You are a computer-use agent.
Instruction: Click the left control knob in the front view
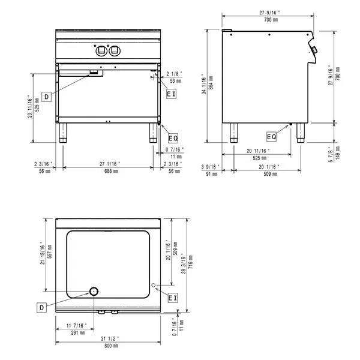click(100, 50)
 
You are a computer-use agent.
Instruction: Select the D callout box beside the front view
click(46, 95)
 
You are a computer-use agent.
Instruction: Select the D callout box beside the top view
click(42, 307)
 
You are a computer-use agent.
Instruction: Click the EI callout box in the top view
click(172, 297)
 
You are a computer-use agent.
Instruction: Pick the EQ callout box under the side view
click(272, 136)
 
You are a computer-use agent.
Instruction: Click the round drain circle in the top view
click(94, 292)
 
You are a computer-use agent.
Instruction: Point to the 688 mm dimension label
click(109, 170)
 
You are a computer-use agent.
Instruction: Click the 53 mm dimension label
click(176, 80)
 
